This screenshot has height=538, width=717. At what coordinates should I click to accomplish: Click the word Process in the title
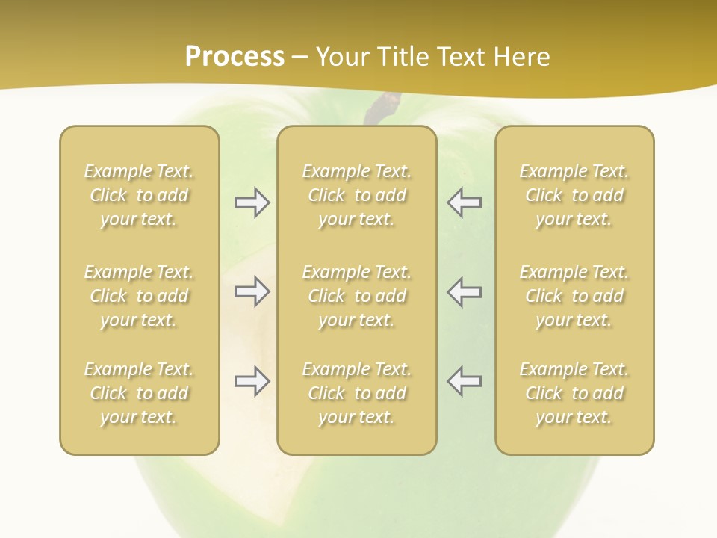[x=235, y=57]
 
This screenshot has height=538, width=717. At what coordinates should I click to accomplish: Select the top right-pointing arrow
[x=252, y=202]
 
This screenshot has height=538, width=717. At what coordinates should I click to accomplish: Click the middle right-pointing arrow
[x=252, y=291]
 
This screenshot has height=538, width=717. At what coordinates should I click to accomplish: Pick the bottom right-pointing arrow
[x=252, y=381]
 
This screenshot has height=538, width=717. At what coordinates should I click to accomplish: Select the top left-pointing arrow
[x=465, y=202]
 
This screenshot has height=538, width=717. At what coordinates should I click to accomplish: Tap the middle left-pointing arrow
[x=465, y=291]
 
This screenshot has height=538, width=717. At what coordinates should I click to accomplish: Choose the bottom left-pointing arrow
[x=465, y=381]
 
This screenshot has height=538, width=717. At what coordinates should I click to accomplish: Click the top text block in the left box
[x=139, y=195]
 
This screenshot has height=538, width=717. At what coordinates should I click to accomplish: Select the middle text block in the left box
[x=139, y=296]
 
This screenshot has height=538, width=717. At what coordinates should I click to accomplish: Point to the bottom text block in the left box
[x=139, y=393]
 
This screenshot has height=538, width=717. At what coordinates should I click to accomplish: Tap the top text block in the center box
[x=357, y=195]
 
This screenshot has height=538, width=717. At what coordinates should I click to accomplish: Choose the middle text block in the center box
[x=357, y=296]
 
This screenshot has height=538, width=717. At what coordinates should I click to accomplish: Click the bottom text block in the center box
[x=357, y=393]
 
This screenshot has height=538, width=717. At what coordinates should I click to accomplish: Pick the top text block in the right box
[x=574, y=195]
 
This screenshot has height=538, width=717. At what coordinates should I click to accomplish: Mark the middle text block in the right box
[x=574, y=296]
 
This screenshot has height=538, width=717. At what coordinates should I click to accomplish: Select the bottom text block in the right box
[x=574, y=393]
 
